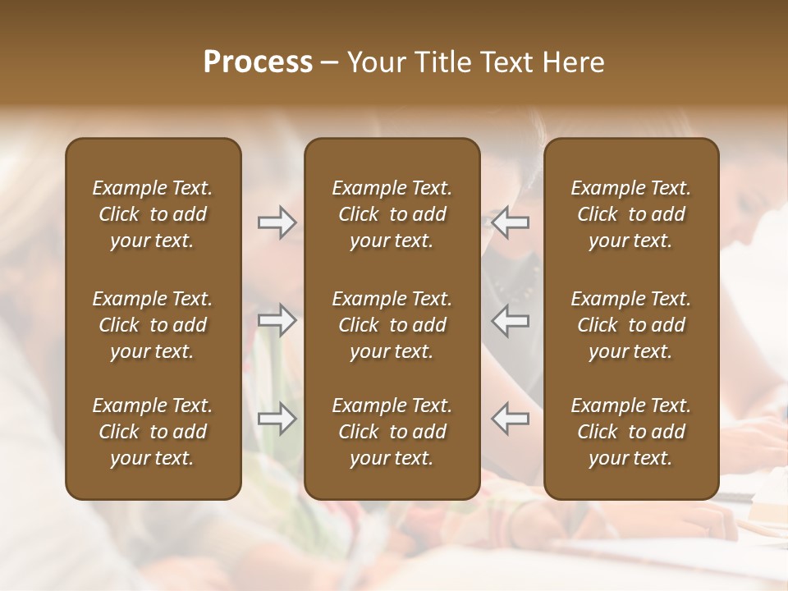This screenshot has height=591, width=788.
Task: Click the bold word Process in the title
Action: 258,62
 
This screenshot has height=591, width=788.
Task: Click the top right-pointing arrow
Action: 277,222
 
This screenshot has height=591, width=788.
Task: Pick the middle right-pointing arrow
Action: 277,320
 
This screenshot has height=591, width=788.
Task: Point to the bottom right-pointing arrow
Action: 277,419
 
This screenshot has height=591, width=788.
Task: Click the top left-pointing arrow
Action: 511,222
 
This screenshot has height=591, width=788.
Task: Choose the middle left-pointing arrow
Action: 511,320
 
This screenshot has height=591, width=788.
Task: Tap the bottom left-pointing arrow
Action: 511,419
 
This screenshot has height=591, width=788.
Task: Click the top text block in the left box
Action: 153,214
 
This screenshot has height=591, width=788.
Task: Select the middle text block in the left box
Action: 153,325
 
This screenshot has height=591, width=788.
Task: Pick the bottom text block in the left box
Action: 153,432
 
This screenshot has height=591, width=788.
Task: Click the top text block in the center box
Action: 392,214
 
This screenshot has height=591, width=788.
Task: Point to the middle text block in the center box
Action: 392,325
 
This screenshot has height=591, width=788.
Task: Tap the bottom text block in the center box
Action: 392,432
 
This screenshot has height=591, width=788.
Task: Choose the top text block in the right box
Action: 631,214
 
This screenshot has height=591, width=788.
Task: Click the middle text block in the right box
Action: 631,325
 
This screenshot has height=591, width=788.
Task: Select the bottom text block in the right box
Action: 631,432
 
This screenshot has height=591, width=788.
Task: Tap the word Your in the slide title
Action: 373,62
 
